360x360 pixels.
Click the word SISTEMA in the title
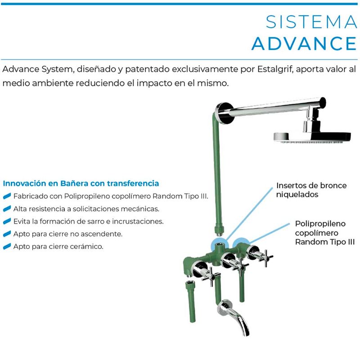tap(311, 22)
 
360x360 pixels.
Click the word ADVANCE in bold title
tap(304, 43)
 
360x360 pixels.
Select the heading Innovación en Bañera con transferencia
tap(81, 184)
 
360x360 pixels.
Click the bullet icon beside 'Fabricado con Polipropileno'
tap(7, 197)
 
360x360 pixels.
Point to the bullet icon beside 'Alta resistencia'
tap(7, 209)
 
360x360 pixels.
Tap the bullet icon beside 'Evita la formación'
tap(7, 222)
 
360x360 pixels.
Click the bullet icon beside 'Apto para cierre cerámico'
tap(7, 247)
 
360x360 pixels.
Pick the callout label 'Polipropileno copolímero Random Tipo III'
tap(324, 232)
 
